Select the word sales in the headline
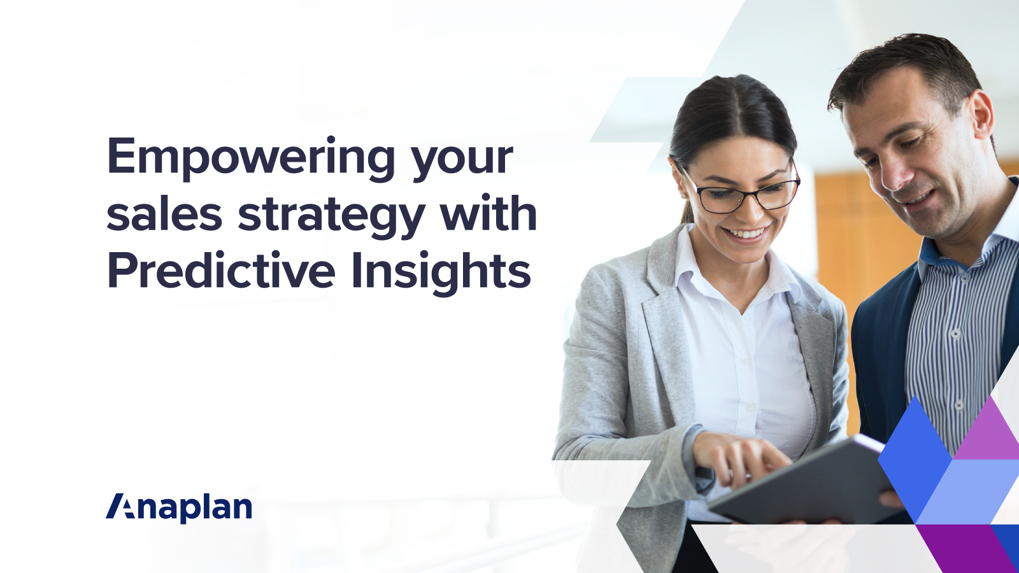click(x=164, y=215)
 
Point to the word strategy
click(x=331, y=216)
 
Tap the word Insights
click(x=441, y=272)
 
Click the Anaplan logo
click(x=179, y=507)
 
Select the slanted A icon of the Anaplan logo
click(x=121, y=506)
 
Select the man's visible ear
click(x=981, y=115)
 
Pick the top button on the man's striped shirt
click(x=955, y=333)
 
